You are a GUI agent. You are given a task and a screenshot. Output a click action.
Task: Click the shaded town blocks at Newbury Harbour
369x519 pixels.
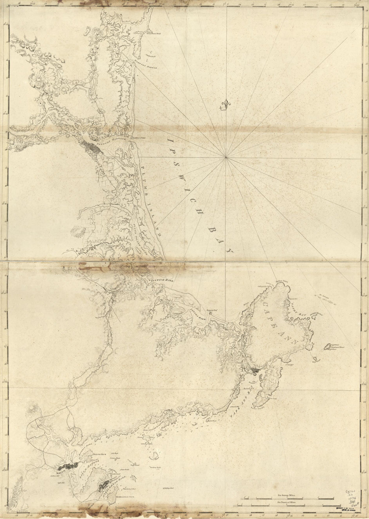click(x=91, y=148)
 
